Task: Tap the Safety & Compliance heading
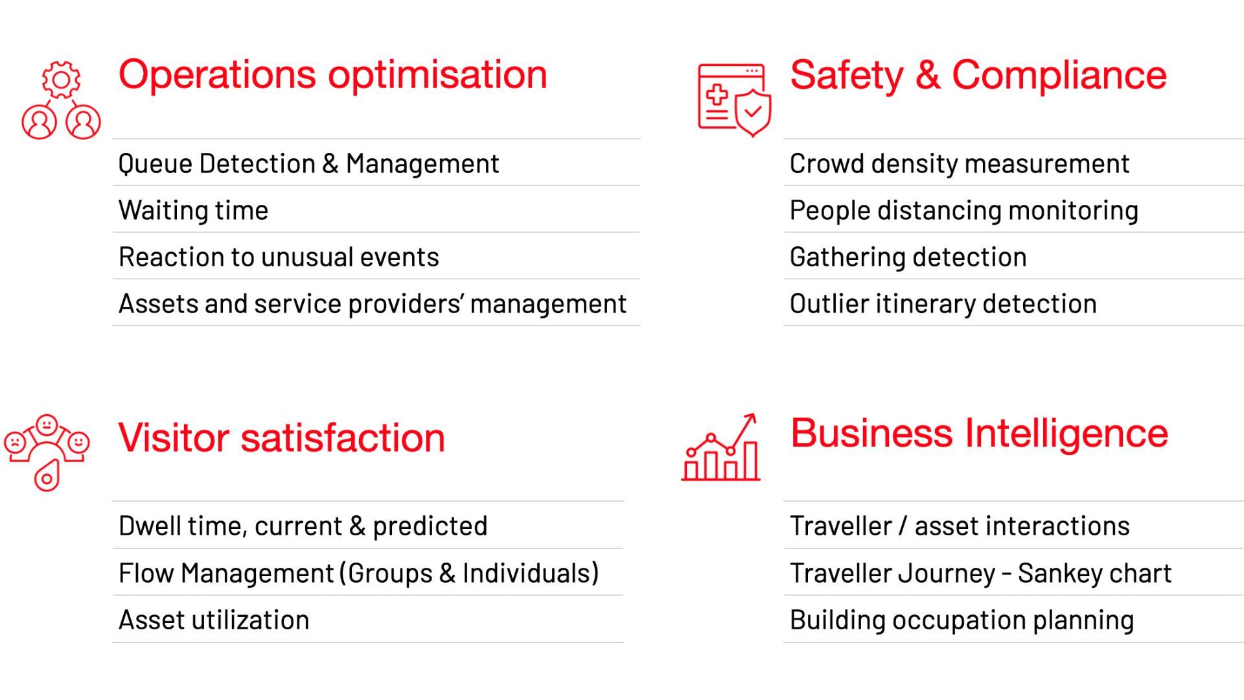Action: click(978, 75)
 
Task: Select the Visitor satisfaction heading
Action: click(282, 437)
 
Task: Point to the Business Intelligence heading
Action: click(979, 434)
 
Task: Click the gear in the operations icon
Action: click(61, 80)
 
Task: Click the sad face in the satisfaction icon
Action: click(15, 443)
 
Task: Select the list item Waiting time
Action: click(193, 211)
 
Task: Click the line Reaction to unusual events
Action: click(279, 257)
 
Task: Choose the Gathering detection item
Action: click(908, 257)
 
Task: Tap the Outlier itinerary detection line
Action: click(943, 304)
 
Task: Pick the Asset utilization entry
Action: click(214, 620)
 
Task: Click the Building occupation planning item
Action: click(962, 620)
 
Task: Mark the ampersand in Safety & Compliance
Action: click(928, 75)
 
